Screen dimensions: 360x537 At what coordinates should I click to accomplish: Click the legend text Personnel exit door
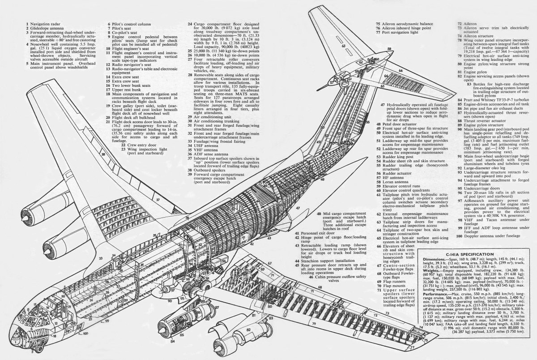coord(318,233)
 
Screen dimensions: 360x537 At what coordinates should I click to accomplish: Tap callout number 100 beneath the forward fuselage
coord(85,333)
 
